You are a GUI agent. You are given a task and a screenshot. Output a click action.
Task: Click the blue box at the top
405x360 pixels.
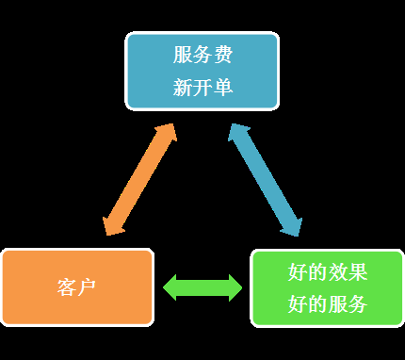coord(202,71)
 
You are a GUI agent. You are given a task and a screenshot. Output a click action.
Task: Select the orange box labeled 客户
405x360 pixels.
coord(77,287)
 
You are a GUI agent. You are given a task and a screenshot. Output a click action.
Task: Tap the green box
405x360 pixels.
coord(327,287)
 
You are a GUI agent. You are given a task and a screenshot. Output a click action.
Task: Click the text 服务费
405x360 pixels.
coord(202,55)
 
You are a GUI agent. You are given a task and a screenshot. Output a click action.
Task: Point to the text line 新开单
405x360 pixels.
coord(202,88)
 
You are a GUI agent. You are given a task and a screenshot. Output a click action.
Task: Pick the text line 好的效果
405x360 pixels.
coord(327,272)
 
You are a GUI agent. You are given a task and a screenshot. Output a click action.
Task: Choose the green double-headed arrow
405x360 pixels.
coord(202,287)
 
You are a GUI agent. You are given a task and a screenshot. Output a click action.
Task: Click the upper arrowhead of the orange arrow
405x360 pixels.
coord(167,134)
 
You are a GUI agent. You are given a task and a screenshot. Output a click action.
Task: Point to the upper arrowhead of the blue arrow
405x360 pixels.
coord(238,134)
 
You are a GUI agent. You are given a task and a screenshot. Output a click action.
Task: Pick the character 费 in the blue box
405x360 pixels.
coord(222,55)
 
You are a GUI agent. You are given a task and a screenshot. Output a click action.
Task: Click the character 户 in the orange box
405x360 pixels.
coord(88,287)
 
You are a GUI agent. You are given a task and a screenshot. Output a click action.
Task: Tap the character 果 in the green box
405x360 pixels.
coord(357,272)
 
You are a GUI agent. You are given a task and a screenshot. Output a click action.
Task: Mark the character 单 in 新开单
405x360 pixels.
coord(222,88)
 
